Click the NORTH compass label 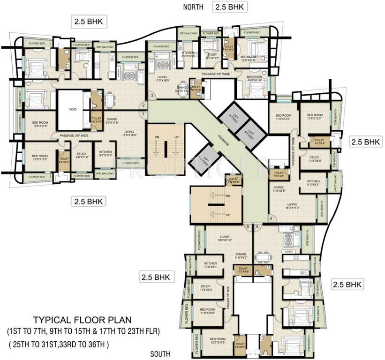(193, 7)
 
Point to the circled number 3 (152, 96)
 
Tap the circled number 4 (271, 218)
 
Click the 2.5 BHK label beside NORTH (230, 7)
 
